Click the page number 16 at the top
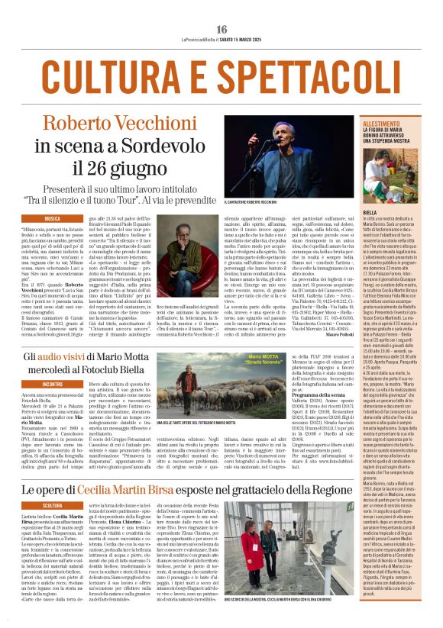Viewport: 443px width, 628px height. pos(221,29)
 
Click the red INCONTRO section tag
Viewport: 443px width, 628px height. pos(53,383)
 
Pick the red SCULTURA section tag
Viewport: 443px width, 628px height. pos(53,504)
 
